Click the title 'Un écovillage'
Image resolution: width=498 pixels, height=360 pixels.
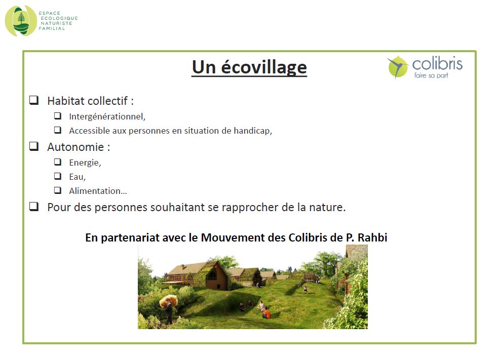[x=249, y=67]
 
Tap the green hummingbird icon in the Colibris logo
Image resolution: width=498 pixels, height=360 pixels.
[x=398, y=67]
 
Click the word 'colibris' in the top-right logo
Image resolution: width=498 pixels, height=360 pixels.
[x=437, y=64]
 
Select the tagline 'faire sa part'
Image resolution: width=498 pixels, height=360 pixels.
[x=431, y=75]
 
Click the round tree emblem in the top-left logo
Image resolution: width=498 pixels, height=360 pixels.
[x=21, y=21]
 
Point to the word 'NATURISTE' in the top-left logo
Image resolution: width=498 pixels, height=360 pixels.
[x=57, y=23]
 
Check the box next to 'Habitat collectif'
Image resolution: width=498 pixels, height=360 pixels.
[x=34, y=100]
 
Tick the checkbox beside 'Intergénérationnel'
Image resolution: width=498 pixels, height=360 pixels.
[x=57, y=115]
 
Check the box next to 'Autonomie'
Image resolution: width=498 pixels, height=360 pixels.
[x=34, y=146]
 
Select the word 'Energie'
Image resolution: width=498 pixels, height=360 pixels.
[x=85, y=163]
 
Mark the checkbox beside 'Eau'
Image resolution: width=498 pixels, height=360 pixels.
[x=57, y=176]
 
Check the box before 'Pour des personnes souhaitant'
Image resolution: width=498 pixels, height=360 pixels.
[x=34, y=207]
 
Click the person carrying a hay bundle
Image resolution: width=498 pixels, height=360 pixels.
[x=168, y=309]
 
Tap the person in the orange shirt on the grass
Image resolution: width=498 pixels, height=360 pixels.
[x=266, y=313]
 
